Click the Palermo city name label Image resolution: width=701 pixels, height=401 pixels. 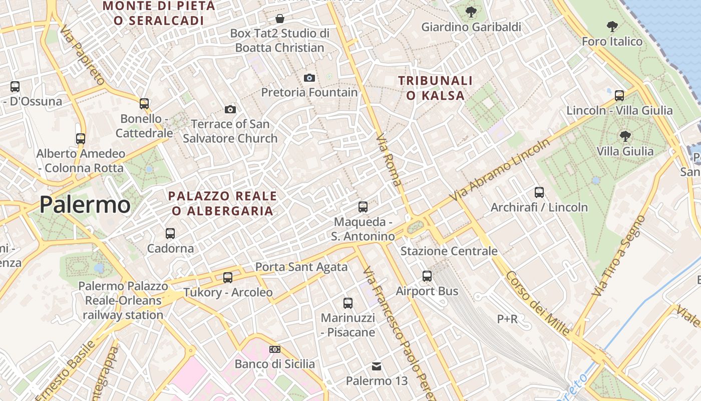[85, 205]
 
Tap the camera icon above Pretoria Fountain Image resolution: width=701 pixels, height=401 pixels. [309, 78]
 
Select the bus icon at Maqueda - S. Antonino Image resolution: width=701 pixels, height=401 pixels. [363, 207]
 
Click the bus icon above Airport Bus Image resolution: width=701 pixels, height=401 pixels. [427, 276]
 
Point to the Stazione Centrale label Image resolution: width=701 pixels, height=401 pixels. [449, 251]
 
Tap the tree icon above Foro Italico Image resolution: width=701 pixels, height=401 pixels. [612, 26]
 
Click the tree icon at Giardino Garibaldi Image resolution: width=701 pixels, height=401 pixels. [471, 12]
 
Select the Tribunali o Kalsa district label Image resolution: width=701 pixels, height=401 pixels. [435, 88]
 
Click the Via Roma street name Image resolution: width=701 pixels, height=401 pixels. [389, 159]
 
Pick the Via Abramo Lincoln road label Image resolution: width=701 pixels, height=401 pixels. [499, 170]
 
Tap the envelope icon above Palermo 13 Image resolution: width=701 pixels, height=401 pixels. [377, 366]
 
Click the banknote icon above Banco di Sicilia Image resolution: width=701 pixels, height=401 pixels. [275, 349]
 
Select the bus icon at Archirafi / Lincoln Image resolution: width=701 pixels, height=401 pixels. [539, 192]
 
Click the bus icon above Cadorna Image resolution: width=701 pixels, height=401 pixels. [170, 233]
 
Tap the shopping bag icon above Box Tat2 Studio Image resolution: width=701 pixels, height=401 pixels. [280, 19]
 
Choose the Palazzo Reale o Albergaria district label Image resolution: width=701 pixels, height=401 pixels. [222, 204]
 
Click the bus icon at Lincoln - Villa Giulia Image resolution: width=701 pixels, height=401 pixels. [619, 95]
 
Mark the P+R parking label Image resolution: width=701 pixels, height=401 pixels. [507, 319]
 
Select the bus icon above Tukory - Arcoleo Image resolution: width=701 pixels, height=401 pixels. [228, 277]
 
